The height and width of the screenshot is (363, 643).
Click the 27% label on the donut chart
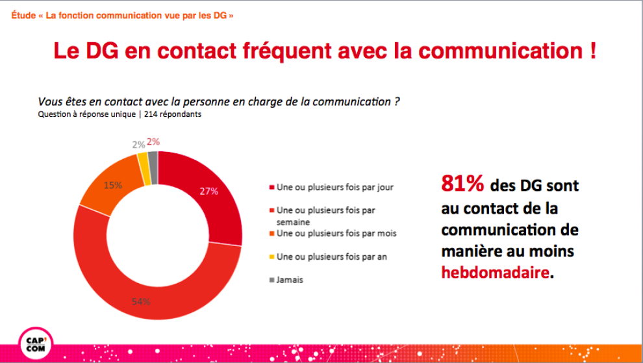[209, 192]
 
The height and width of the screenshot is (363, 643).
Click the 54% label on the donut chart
[142, 301]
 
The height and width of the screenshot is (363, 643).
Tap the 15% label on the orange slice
[113, 186]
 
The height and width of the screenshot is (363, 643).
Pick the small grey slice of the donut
[153, 160]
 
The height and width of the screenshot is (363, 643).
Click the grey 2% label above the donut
[138, 144]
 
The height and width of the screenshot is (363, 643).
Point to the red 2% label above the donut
[153, 142]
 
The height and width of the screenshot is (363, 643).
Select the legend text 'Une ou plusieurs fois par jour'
[335, 187]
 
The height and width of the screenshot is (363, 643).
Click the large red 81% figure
[462, 185]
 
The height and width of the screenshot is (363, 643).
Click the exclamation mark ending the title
[592, 52]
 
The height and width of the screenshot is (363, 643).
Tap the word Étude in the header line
[23, 15]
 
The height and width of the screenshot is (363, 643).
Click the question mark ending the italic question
[396, 102]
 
